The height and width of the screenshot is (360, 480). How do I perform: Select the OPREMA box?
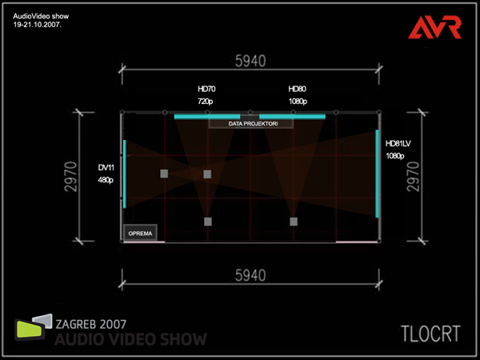pyautogui.click(x=140, y=234)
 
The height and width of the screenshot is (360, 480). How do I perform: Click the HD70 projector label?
pyautogui.click(x=206, y=89)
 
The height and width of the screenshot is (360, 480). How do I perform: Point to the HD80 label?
pyautogui.click(x=297, y=89)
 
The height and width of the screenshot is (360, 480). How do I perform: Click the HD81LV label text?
pyautogui.click(x=398, y=142)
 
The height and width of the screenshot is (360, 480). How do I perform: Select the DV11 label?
pyautogui.click(x=106, y=167)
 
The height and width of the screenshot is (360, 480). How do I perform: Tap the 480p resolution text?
pyautogui.click(x=106, y=180)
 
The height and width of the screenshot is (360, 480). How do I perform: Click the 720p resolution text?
pyautogui.click(x=206, y=102)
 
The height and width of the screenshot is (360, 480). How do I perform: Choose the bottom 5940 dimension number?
pyautogui.click(x=250, y=300)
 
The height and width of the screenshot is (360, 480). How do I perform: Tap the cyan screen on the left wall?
pyautogui.click(x=125, y=174)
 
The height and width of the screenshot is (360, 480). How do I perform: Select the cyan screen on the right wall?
pyautogui.click(x=377, y=174)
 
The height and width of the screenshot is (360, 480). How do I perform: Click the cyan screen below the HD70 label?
pyautogui.click(x=206, y=117)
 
